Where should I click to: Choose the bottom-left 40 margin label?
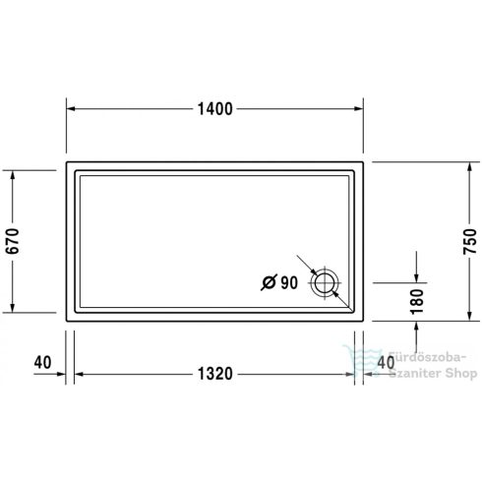(x=41, y=362)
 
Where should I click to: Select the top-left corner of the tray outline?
(x=67, y=161)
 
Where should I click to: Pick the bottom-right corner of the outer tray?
(x=361, y=319)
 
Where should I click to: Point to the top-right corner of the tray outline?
(x=361, y=161)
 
